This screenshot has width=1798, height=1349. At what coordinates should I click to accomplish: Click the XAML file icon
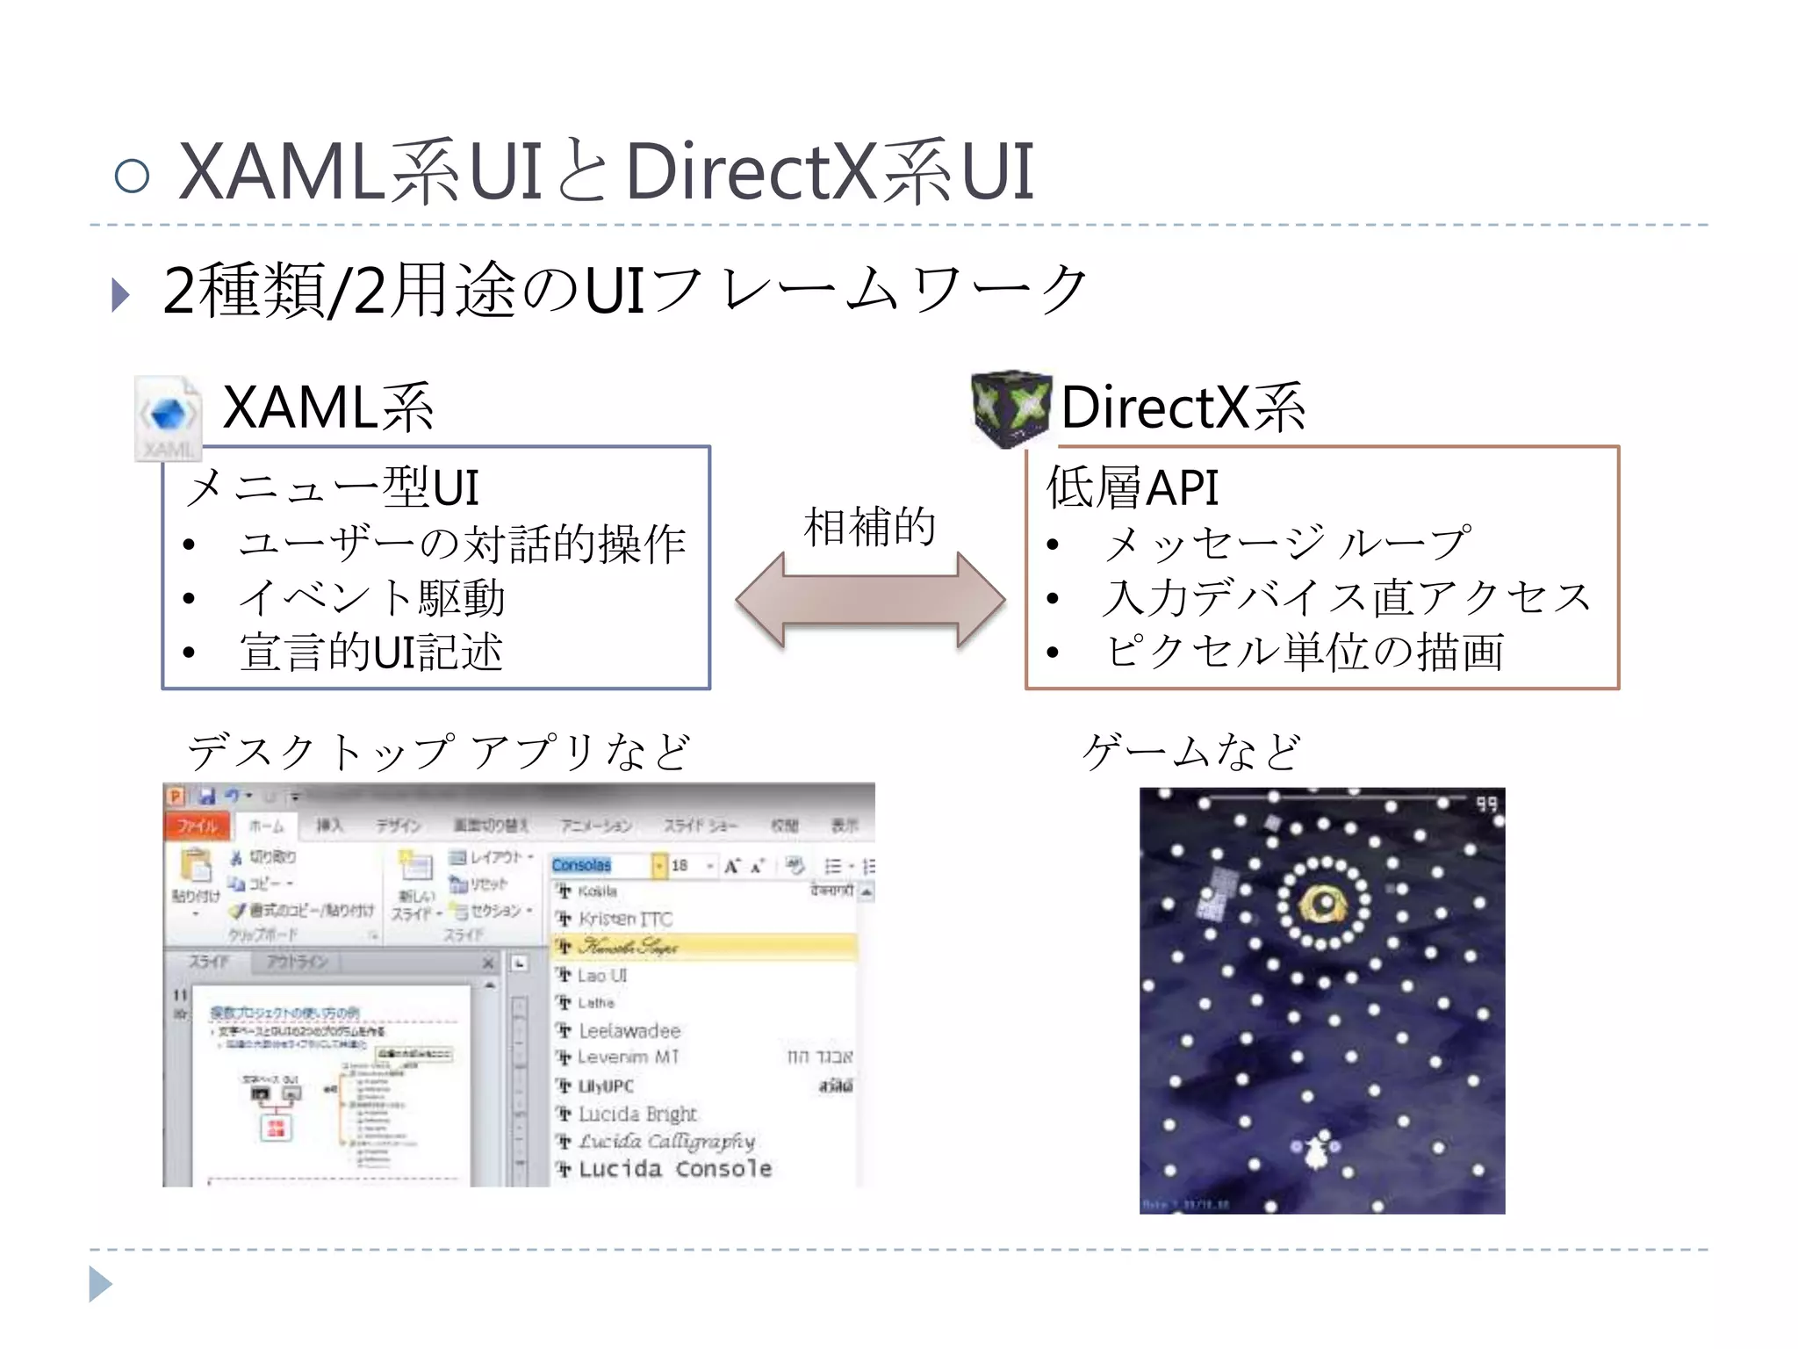(167, 418)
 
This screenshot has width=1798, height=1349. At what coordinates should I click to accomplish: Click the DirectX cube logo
(1010, 409)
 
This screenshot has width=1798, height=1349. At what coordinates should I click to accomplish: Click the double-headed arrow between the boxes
(870, 600)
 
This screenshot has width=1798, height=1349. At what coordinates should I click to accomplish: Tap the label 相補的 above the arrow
(870, 527)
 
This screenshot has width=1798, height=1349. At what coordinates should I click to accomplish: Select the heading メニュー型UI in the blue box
(333, 487)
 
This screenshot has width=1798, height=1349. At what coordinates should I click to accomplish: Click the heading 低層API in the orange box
(1133, 487)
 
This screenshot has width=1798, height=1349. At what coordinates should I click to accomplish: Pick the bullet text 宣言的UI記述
(371, 653)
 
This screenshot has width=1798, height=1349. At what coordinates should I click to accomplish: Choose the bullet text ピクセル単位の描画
(1305, 653)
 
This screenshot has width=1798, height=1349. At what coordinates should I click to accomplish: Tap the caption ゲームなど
(1191, 753)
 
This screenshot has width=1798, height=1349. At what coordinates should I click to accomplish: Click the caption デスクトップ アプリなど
(439, 753)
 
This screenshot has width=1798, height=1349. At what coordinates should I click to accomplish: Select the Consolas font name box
(601, 866)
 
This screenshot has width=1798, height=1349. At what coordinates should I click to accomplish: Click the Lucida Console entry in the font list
(674, 1169)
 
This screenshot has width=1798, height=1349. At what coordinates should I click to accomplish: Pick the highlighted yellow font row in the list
(702, 947)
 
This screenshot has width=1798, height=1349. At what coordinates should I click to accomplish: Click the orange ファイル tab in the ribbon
(198, 826)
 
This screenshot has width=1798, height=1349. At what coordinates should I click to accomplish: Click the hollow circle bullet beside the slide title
(133, 175)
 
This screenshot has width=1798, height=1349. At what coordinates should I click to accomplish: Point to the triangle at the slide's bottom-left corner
(100, 1285)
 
